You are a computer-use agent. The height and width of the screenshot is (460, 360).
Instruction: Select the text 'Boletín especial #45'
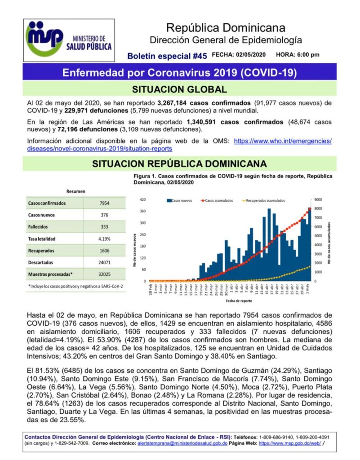167,56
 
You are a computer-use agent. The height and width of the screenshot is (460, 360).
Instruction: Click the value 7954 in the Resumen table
104,203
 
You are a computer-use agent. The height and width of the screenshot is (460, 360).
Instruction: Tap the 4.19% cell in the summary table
104,239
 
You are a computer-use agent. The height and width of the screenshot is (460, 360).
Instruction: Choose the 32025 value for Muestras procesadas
104,274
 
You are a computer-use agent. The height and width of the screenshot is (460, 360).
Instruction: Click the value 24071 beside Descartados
104,262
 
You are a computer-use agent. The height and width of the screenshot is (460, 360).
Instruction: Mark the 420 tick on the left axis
142,199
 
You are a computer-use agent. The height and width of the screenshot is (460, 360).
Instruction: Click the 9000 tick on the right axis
317,199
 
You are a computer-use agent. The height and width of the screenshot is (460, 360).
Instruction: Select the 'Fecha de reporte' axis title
227,301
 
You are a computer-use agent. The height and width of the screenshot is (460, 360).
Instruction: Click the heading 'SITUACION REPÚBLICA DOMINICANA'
179,164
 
